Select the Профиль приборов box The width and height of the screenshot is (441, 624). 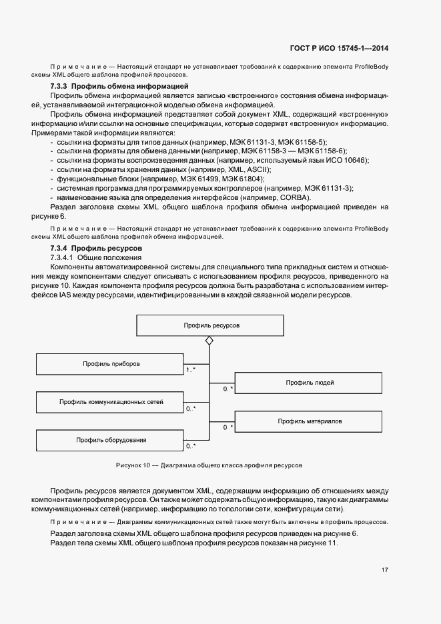[x=111, y=364]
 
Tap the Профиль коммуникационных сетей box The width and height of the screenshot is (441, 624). [x=111, y=402]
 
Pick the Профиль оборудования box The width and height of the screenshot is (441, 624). [x=111, y=440]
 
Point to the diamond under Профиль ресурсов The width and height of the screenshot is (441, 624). [x=209, y=341]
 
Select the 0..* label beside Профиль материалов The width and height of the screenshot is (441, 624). [x=228, y=427]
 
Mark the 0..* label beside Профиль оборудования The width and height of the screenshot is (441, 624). [x=190, y=445]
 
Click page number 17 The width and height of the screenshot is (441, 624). [x=385, y=569]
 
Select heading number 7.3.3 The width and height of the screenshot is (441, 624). [x=59, y=87]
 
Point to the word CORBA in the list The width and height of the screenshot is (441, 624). [x=289, y=197]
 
